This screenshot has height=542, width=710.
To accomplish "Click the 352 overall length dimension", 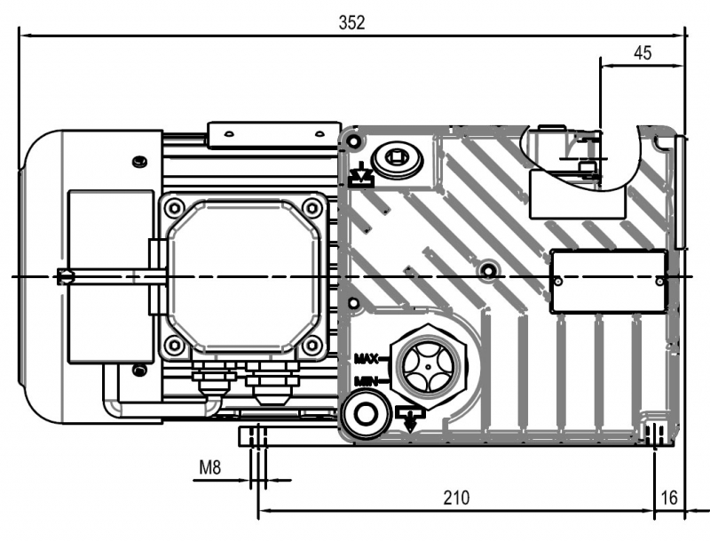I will (x=351, y=23).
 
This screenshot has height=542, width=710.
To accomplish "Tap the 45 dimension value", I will (x=642, y=52).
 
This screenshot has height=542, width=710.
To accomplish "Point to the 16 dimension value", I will (x=670, y=498).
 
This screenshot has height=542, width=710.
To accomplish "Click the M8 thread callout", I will (x=210, y=467).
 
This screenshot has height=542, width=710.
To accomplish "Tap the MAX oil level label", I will (x=366, y=358).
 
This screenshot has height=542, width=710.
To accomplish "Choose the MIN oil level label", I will (x=366, y=381).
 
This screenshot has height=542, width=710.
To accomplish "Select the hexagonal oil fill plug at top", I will (x=396, y=160).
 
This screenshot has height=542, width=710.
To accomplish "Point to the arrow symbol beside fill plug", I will (x=360, y=175).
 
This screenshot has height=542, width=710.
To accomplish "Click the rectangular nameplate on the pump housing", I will (x=608, y=281).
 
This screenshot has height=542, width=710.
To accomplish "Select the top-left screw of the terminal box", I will (x=174, y=209).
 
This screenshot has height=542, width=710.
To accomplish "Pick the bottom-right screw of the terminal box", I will (x=311, y=345).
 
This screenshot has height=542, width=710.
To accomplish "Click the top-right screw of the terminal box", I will (x=311, y=209).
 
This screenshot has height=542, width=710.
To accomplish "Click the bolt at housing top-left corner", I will (x=355, y=141).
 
